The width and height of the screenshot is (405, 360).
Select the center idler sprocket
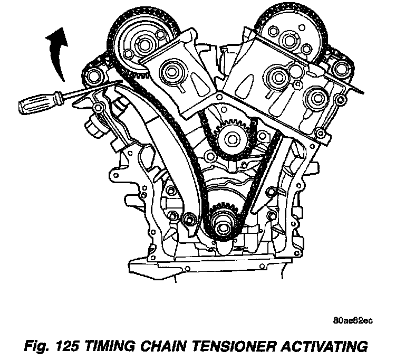[232, 139]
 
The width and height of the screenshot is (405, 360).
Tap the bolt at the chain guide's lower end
[189, 218]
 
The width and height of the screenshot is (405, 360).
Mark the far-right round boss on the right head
[317, 98]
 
